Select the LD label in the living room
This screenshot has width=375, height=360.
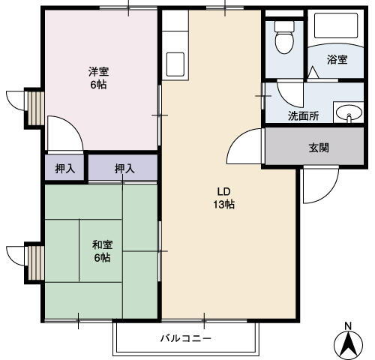pyautogui.click(x=223, y=189)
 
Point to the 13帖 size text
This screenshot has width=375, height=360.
pyautogui.click(x=223, y=203)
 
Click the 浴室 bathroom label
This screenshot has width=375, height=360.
pyautogui.click(x=337, y=59)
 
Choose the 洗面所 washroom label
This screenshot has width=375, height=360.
pyautogui.click(x=303, y=116)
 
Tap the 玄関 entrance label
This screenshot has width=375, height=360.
pyautogui.click(x=319, y=148)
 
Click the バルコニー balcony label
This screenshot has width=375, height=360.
pyautogui.click(x=185, y=338)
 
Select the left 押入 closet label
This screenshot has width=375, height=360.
pyautogui.click(x=65, y=168)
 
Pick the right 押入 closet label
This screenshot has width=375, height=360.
pyautogui.click(x=124, y=168)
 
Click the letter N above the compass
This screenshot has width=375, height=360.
pyautogui.click(x=347, y=325)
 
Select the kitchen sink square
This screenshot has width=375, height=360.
pyautogui.click(x=176, y=61)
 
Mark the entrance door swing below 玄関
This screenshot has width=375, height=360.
pyautogui.click(x=319, y=184)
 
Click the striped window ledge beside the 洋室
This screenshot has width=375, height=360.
pyautogui.click(x=32, y=106)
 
